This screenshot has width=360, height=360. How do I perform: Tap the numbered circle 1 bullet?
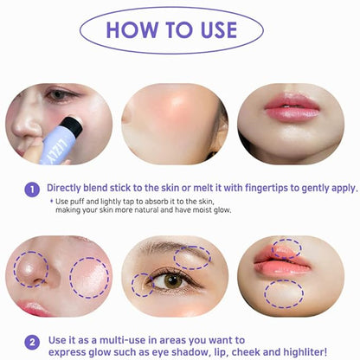32,188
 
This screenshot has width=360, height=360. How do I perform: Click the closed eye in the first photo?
59,95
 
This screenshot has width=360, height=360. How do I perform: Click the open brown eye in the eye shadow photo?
172,281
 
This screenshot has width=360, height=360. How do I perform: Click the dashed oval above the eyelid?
193,257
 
